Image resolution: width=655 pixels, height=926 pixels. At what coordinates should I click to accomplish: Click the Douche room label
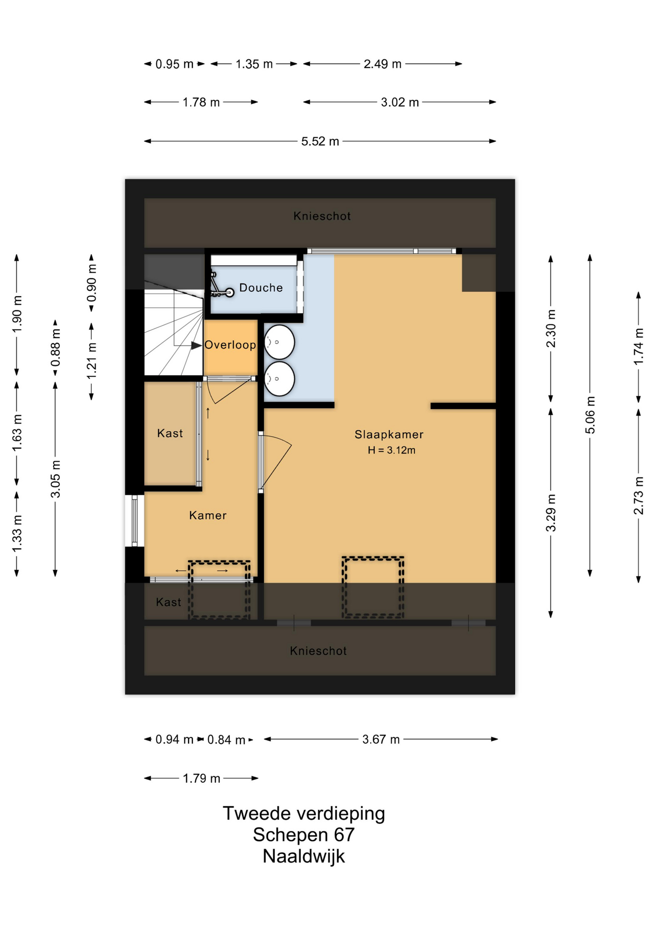(261, 288)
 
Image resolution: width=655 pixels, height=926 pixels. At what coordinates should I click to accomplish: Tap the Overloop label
(230, 345)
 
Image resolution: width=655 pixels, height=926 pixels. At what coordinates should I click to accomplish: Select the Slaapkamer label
(389, 435)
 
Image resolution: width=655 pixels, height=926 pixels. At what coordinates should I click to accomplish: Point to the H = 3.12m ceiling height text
(391, 450)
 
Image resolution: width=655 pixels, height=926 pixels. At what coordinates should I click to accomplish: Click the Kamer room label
(208, 516)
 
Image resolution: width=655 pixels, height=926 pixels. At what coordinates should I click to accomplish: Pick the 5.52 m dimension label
(320, 141)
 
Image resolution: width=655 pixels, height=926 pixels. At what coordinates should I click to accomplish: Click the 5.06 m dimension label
(590, 415)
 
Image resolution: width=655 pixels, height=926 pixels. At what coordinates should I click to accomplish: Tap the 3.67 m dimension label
(381, 739)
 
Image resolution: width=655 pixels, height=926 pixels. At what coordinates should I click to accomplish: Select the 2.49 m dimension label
(382, 64)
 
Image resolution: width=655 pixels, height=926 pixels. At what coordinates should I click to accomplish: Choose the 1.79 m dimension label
(202, 778)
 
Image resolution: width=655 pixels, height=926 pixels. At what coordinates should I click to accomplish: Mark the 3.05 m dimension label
(55, 478)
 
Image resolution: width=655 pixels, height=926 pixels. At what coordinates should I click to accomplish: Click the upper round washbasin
(279, 342)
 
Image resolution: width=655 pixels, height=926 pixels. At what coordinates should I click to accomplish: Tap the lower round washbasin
(279, 379)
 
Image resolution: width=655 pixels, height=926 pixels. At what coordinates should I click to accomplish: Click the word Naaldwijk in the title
(304, 856)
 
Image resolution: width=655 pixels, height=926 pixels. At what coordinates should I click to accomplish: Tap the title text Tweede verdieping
(304, 814)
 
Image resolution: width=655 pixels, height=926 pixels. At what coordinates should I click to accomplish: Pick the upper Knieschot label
(322, 216)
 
